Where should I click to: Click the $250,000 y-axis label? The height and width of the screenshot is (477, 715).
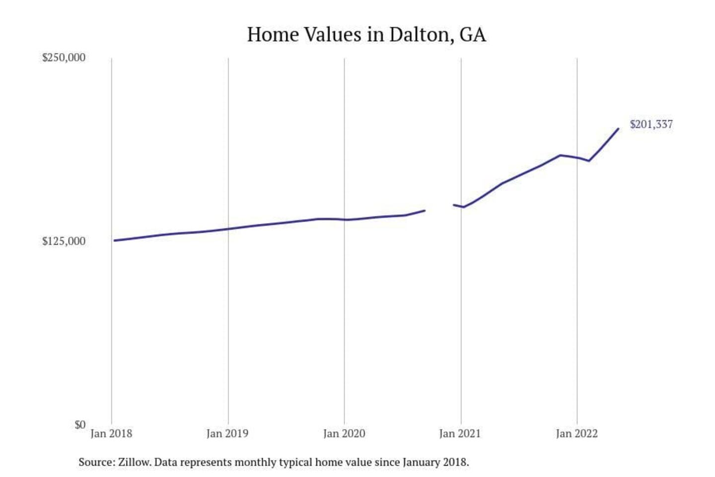coord(64,58)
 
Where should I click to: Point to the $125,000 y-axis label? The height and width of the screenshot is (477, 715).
coord(64,241)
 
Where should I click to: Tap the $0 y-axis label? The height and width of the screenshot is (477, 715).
coord(80,425)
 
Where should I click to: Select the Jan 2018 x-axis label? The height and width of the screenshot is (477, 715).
coord(111,434)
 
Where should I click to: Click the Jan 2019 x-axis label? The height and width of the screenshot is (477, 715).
coord(227,434)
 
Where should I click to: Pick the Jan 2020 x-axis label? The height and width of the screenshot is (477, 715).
coord(344,434)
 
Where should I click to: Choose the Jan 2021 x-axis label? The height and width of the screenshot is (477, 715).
coord(460,434)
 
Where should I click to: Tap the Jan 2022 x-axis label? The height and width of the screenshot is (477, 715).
coord(576,434)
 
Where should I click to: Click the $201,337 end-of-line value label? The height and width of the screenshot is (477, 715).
coord(651,125)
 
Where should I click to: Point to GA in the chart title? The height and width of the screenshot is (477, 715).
coord(473,35)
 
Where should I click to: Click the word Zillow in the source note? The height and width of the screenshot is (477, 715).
coord(134,462)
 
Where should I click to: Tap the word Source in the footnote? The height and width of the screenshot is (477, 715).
coord(96,462)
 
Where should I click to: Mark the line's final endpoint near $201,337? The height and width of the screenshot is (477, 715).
coord(618,129)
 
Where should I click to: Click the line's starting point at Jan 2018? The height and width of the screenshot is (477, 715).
coord(114,240)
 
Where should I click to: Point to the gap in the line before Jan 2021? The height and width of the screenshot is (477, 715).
coord(439,208)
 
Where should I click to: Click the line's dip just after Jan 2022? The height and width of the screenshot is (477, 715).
coord(589,160)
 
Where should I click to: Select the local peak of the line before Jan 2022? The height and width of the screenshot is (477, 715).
coord(561,155)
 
